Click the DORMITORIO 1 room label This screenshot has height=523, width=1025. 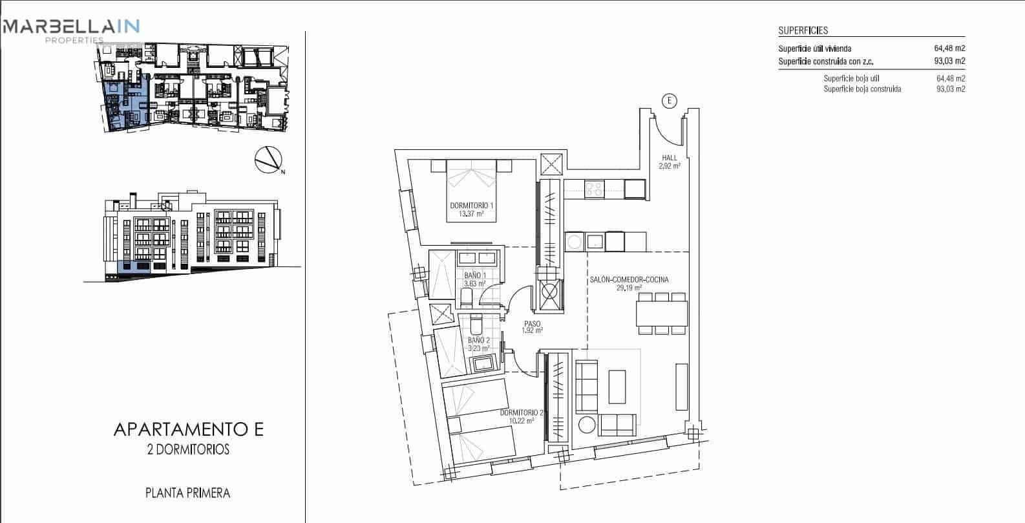(472, 206)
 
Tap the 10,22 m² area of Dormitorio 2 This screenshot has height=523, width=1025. (522, 421)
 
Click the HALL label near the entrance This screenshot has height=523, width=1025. (670, 158)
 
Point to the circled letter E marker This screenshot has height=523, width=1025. (670, 100)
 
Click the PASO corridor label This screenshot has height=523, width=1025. (532, 324)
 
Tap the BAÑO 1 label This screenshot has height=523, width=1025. (475, 275)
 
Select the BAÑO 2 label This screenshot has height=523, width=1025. (478, 340)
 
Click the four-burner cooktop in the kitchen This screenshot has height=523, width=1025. (594, 189)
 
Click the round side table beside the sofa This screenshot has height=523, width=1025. (587, 425)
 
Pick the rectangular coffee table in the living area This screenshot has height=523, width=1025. (617, 386)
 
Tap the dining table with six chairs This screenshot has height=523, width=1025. (661, 314)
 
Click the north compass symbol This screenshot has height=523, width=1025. (268, 160)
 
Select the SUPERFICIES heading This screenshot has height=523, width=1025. (803, 30)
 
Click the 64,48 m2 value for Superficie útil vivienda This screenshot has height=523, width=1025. (949, 48)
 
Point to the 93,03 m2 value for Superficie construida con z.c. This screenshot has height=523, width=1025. (949, 61)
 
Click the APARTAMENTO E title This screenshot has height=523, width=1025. (188, 430)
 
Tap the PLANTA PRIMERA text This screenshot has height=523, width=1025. (188, 493)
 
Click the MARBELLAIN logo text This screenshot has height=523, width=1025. (71, 27)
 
